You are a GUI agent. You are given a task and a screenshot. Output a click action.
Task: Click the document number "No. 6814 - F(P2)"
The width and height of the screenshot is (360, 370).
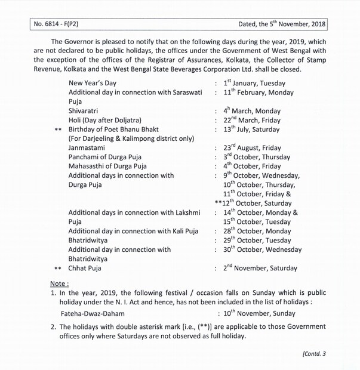pyautogui.click(x=58, y=26)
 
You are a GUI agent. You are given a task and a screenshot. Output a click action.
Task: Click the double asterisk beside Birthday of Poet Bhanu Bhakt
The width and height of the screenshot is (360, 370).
pyautogui.click(x=58, y=130)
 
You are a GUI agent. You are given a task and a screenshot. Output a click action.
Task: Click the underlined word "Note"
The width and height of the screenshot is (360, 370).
pyautogui.click(x=59, y=283)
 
